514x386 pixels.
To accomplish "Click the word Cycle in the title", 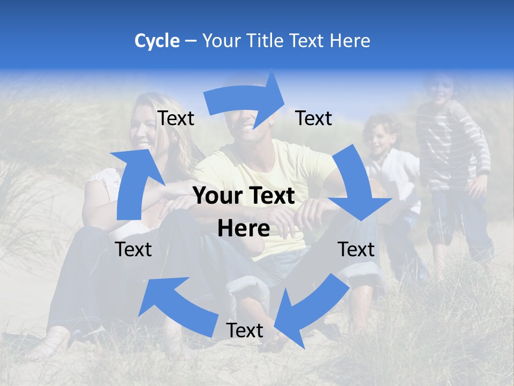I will tap(157, 41).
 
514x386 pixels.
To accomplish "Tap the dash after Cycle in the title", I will tap(191, 41).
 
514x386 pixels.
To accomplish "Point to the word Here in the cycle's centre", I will tap(244, 229).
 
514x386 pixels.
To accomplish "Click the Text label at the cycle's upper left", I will tap(176, 118).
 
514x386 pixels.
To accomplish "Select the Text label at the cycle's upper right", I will tap(314, 118).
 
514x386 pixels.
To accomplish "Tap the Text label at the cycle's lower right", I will tap(356, 249).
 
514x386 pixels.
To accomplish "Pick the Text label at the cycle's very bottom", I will tap(245, 330).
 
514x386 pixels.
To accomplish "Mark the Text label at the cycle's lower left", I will tap(133, 249).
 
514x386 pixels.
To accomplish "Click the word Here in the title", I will tap(350, 41).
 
